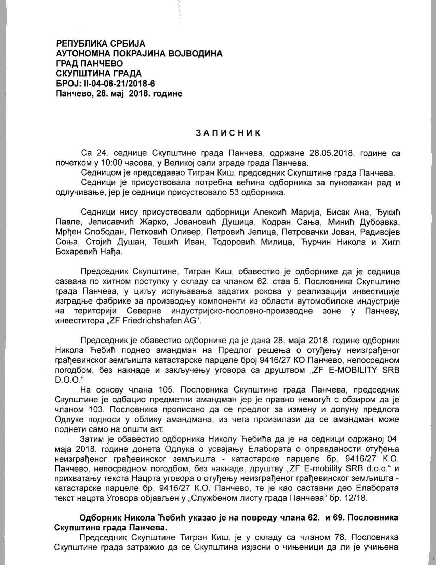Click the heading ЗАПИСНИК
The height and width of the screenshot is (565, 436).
(228, 133)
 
